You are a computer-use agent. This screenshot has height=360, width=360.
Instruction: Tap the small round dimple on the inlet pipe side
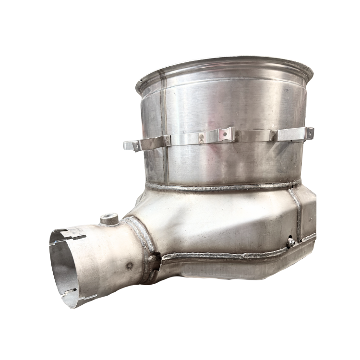128,264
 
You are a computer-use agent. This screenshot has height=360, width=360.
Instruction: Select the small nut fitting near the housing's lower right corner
291,243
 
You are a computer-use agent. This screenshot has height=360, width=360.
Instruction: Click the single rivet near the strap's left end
167,141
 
